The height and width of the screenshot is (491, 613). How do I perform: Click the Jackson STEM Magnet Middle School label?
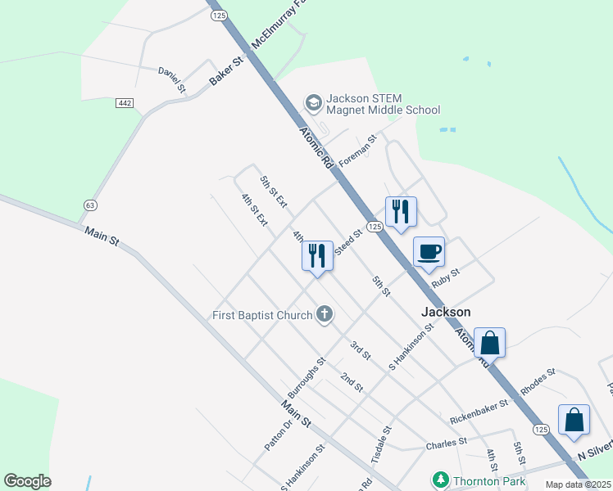tap(383, 104)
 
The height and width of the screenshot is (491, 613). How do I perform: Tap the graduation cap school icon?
tap(312, 103)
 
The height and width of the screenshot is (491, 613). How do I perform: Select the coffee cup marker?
tap(429, 252)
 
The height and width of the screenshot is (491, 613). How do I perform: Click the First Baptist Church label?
tap(262, 315)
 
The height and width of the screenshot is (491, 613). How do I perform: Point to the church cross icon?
tap(325, 314)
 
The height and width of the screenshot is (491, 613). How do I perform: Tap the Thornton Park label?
tap(492, 481)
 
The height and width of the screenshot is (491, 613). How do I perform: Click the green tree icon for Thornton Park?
tap(441, 480)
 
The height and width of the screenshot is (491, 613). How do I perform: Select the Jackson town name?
tap(446, 312)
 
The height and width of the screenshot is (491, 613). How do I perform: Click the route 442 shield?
tap(125, 103)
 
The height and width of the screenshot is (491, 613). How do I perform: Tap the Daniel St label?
tap(173, 79)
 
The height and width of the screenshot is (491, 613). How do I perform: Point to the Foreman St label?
tap(357, 152)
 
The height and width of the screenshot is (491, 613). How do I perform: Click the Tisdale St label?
tap(383, 443)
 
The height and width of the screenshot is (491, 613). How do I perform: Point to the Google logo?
tap(27, 481)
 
